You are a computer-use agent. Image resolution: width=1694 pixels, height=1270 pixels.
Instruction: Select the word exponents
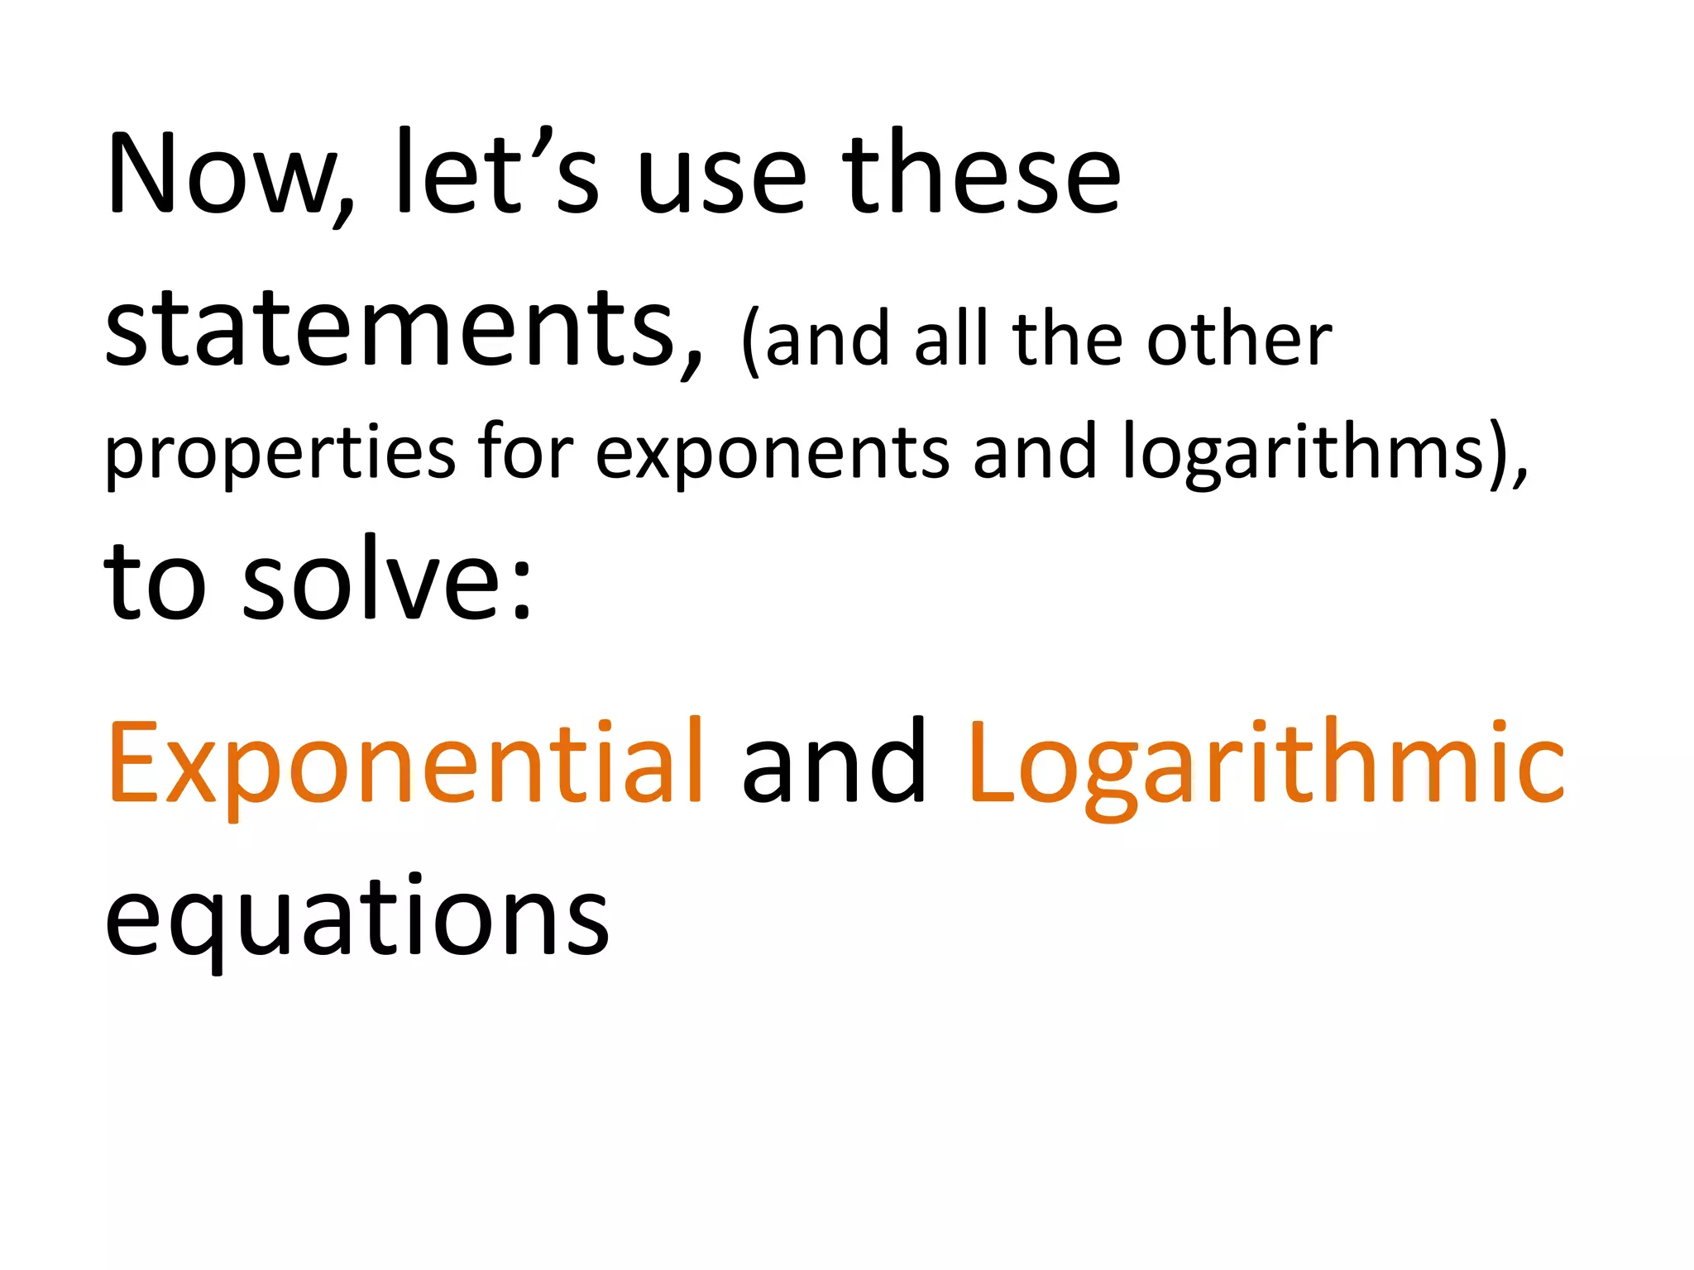tap(773, 455)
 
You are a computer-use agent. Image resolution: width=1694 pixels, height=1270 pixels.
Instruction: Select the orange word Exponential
tap(405, 765)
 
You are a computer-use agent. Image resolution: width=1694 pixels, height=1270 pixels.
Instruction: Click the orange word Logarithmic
tap(1266, 765)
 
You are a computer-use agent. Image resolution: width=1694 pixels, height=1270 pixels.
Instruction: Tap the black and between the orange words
tap(834, 765)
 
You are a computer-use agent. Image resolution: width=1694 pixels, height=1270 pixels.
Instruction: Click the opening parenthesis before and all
tap(750, 341)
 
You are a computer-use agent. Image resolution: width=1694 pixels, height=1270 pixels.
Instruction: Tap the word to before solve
tap(154, 584)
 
